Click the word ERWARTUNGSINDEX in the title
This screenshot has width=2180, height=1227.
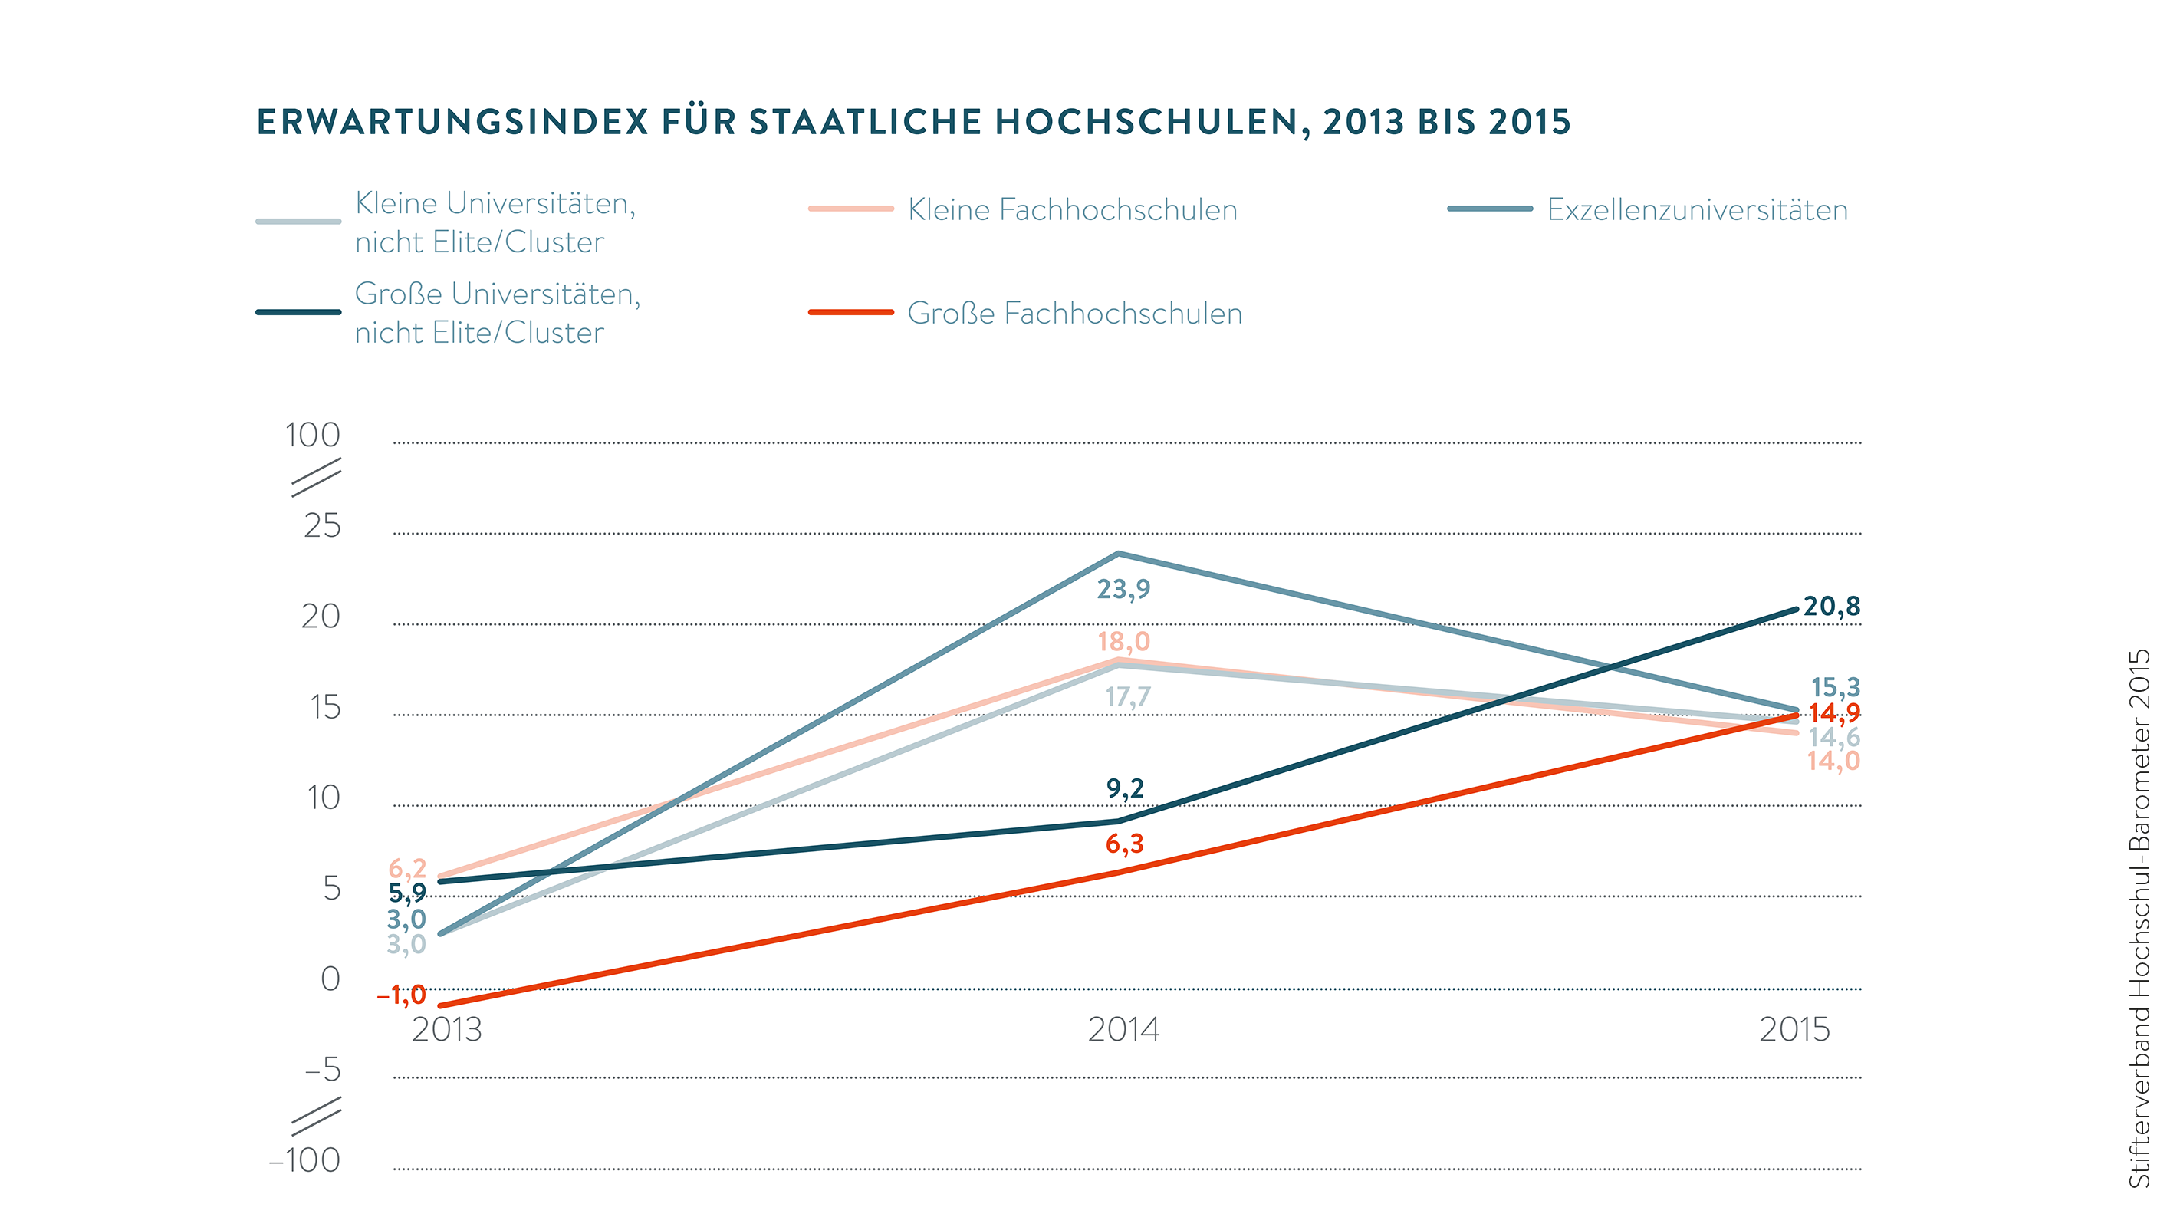click(452, 123)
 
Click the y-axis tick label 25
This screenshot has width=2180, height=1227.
click(322, 526)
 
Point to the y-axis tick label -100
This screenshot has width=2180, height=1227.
click(304, 1160)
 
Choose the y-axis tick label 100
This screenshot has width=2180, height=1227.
click(312, 435)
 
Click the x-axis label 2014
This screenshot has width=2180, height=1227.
click(1123, 1030)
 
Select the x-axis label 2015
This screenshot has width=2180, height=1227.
click(1794, 1030)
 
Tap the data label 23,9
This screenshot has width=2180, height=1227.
click(1124, 589)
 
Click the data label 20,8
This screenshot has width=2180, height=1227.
click(1831, 607)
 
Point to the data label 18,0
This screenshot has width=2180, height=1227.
click(1124, 641)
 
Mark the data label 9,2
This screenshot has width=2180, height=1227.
click(1125, 788)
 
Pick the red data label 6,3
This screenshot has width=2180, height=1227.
click(1125, 844)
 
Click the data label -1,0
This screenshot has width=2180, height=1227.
click(402, 995)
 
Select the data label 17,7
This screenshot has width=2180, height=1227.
click(1128, 697)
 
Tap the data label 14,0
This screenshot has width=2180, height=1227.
click(1834, 762)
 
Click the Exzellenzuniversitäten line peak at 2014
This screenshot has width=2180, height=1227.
click(1119, 554)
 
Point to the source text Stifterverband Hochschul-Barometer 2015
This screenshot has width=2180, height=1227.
click(2139, 918)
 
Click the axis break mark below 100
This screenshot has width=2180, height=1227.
click(316, 477)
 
